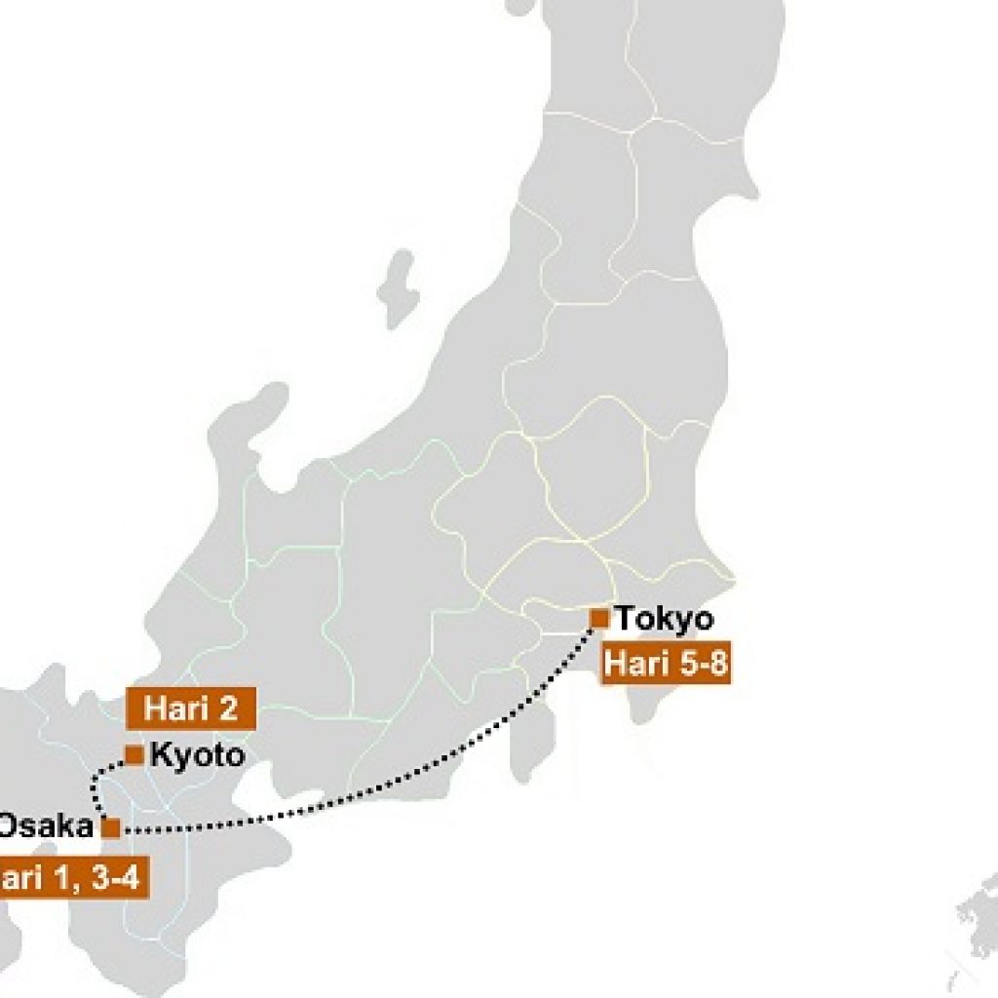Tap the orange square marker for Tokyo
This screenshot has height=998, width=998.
[x=599, y=618]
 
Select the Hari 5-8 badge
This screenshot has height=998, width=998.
[x=667, y=666]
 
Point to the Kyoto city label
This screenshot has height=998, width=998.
[x=197, y=755]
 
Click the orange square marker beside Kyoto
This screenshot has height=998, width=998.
[x=134, y=754]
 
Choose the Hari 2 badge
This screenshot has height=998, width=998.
[x=191, y=709]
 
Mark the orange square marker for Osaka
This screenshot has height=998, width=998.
[x=111, y=827]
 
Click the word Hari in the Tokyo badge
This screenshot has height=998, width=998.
[x=634, y=666]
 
